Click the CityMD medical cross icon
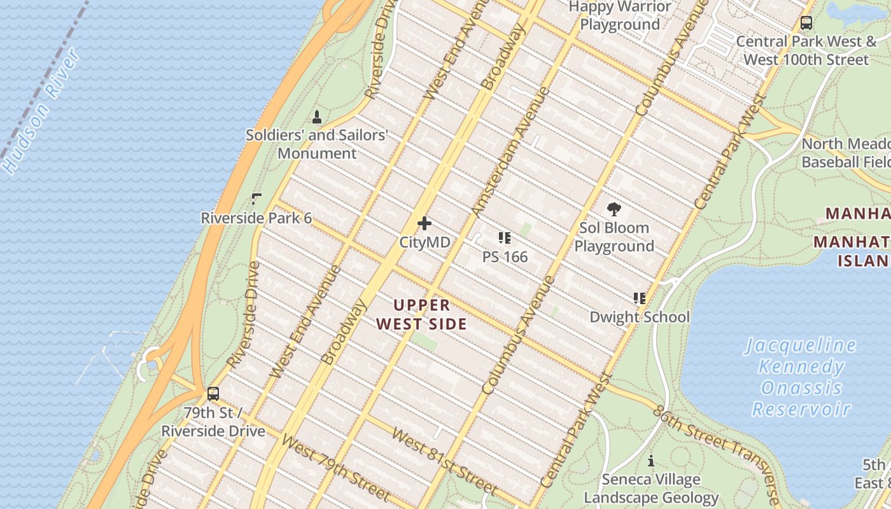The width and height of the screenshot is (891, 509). point(424,223)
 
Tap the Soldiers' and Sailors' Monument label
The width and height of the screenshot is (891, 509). point(317,144)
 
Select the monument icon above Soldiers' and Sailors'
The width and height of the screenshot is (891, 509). point(317,116)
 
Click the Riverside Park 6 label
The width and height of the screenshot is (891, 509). point(256,218)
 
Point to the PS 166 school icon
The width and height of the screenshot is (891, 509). point(505,238)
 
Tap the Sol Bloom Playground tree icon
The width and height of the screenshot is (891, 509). point(614,209)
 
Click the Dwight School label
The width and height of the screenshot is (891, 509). point(640,317)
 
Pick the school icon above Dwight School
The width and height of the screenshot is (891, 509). point(640,298)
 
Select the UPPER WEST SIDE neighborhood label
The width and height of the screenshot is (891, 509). point(421,314)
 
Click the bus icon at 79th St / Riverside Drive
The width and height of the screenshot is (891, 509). point(213,393)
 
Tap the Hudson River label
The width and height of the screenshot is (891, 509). point(42,112)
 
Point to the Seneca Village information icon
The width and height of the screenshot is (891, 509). point(651,461)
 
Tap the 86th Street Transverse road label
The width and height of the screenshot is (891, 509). point(716,454)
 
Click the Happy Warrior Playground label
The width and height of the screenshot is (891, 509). point(620,16)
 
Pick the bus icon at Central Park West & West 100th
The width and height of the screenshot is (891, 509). point(806,23)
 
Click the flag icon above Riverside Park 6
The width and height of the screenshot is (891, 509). point(256,199)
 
